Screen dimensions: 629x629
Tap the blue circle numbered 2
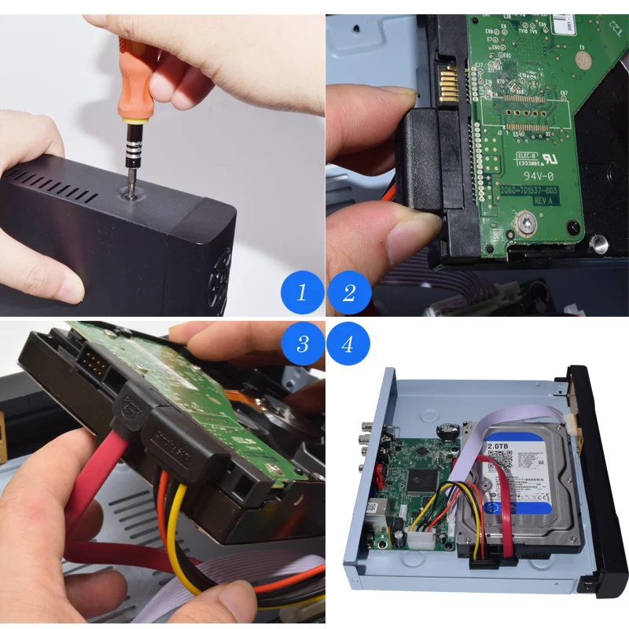tap(349, 293)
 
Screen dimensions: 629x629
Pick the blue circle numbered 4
tap(349, 344)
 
